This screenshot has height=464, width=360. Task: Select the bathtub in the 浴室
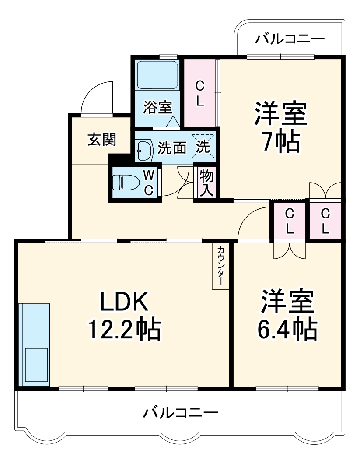(157, 74)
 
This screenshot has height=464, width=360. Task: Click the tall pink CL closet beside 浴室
(200, 92)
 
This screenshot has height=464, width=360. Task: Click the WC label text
(149, 183)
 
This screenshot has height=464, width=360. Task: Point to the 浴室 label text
(157, 108)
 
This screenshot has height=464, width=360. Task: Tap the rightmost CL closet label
(325, 221)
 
